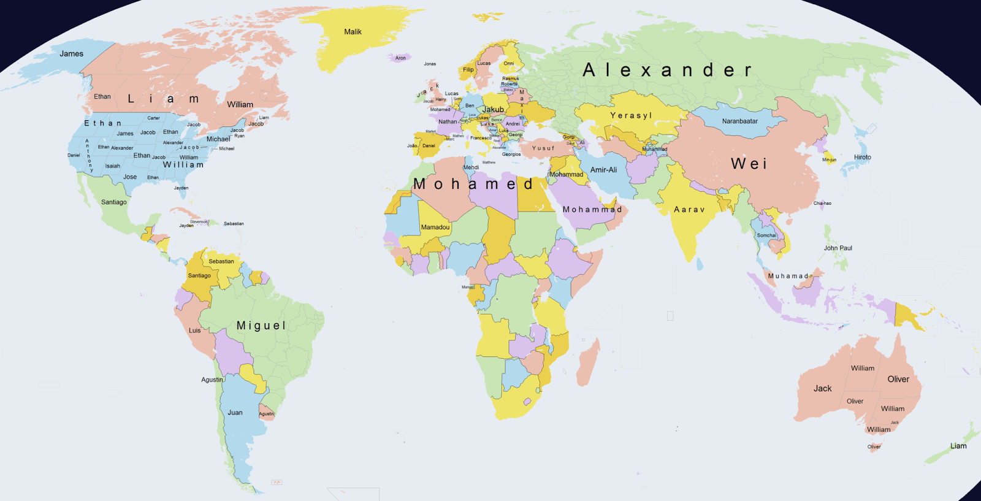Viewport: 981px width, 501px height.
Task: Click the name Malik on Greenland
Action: click(x=353, y=32)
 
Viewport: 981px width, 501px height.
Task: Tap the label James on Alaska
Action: click(x=71, y=54)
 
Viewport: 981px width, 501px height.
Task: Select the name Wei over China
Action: click(x=749, y=164)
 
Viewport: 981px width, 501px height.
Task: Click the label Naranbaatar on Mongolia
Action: click(x=739, y=121)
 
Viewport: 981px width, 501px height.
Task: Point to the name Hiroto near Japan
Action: click(x=862, y=158)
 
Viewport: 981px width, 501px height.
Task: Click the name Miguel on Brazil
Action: click(x=261, y=326)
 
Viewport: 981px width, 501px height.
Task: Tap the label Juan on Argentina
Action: click(x=235, y=413)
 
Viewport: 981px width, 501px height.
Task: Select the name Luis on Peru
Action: click(x=194, y=331)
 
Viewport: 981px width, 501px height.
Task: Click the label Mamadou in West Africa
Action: click(x=435, y=228)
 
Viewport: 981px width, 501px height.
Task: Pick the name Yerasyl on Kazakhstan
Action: click(x=631, y=115)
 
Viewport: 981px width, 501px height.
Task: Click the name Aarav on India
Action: click(x=689, y=210)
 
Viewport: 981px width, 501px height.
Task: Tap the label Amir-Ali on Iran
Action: click(x=603, y=170)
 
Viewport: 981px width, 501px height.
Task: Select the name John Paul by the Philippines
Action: click(x=838, y=248)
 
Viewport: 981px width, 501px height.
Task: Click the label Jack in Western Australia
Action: click(x=822, y=389)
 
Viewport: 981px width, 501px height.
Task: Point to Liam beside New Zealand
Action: click(x=958, y=446)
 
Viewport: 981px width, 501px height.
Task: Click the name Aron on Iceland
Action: click(x=400, y=58)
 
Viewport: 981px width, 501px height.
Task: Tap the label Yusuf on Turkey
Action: click(x=543, y=148)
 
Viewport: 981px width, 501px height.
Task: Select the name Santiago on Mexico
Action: click(x=114, y=202)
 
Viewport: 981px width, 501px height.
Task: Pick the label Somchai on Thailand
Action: click(x=766, y=235)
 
